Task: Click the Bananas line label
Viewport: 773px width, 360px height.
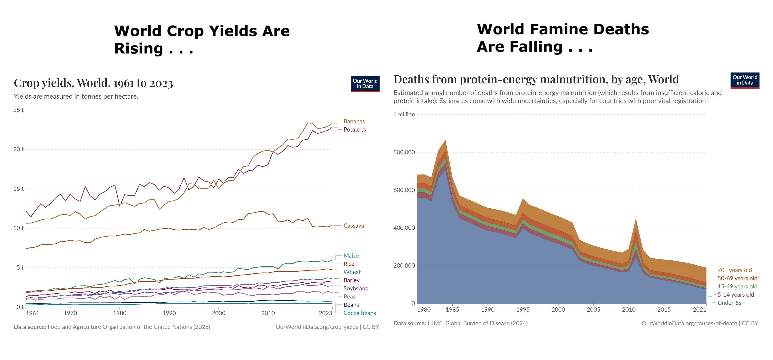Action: tap(354, 121)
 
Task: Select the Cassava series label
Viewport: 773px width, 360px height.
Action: tap(353, 226)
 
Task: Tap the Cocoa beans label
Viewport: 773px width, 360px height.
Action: tap(359, 313)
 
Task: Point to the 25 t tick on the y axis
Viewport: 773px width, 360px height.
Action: tap(18, 110)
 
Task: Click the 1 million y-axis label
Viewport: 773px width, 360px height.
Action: tap(404, 114)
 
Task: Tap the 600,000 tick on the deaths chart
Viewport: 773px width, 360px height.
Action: tap(404, 190)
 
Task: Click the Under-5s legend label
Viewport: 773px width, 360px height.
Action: tap(729, 303)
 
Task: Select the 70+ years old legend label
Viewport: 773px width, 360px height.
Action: tap(734, 270)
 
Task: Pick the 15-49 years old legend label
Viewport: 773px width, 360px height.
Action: tap(737, 286)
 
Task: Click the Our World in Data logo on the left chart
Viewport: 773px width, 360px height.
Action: tap(365, 84)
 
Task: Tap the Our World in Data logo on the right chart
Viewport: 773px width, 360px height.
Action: tap(745, 80)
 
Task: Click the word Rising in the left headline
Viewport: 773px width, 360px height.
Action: tap(139, 49)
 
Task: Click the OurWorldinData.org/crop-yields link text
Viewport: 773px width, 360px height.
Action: tap(316, 327)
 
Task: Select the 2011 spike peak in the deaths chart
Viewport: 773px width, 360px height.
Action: tap(636, 219)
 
